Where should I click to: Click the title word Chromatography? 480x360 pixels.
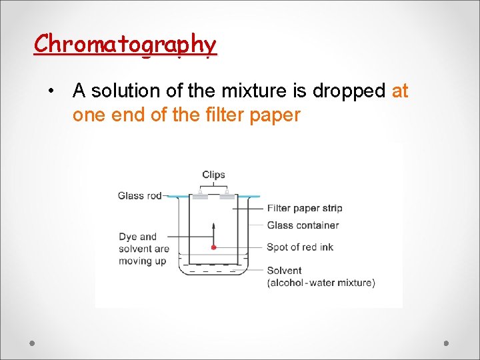coord(125,45)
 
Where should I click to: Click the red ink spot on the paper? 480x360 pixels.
coord(213,247)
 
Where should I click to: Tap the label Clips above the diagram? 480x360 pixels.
coord(213,175)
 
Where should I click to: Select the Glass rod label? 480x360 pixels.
coord(139,195)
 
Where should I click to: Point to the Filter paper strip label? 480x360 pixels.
coord(304,208)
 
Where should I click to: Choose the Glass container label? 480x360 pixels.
coord(302,225)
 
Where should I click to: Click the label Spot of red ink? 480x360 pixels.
coord(299,247)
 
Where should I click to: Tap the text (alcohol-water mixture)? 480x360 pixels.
coord(321,283)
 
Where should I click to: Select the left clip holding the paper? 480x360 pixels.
coord(199,194)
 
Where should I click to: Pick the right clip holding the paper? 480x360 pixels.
coord(227,194)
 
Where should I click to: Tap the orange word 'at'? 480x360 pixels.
coord(400,90)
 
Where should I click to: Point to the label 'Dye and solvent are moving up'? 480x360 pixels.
coord(143,249)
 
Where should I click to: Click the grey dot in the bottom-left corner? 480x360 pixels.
coord(31,343)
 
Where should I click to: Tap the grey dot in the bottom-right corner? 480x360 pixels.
coord(447,343)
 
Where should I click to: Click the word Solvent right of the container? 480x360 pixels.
coord(284,271)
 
